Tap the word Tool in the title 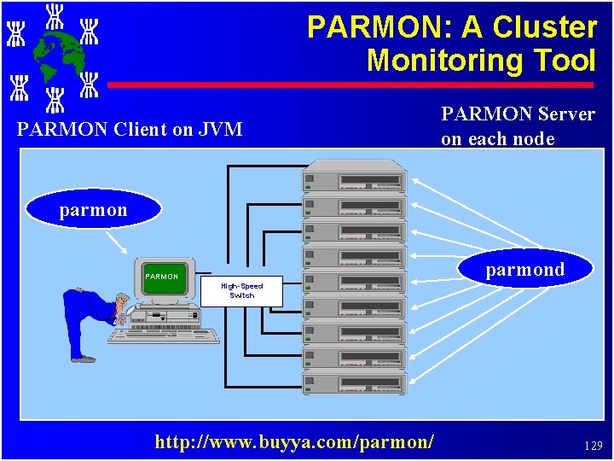pos(563,61)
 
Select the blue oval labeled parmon pos(93,209)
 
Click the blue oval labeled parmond pos(524,270)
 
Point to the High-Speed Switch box pos(241,290)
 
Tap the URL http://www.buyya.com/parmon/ pos(294,441)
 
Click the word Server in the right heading pos(563,114)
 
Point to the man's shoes pos(84,359)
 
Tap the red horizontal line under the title pos(350,85)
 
